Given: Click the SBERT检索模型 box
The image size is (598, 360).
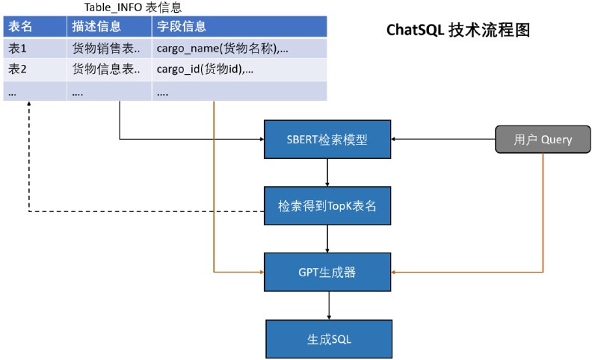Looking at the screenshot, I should click(x=328, y=139).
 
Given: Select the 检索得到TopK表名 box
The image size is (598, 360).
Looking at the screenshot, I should click(x=328, y=205).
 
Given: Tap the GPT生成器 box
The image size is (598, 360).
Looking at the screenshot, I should click(x=328, y=272).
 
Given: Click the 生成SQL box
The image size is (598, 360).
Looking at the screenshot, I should click(x=328, y=338).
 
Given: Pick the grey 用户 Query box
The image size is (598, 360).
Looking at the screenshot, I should click(x=543, y=139).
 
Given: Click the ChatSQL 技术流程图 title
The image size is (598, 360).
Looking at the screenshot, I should click(x=457, y=31).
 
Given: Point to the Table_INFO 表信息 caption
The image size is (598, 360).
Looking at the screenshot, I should click(x=132, y=7).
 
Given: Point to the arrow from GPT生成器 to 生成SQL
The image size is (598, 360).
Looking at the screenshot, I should click(x=328, y=305).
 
